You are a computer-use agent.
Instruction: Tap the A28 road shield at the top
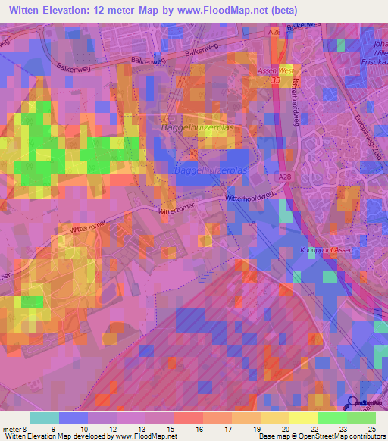[274, 32]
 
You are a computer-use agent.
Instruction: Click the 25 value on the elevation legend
[371, 428]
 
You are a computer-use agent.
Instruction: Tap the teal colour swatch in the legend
[44, 418]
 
